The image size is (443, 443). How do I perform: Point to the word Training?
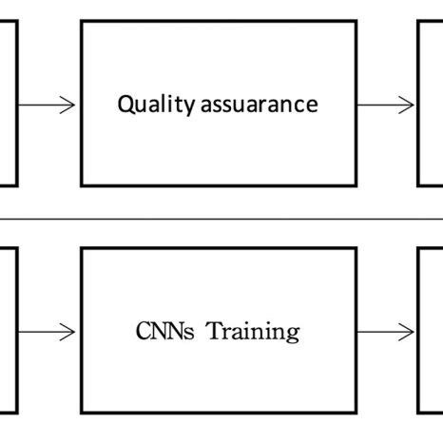click(x=254, y=332)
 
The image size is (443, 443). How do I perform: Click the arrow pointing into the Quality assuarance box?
click(x=48, y=105)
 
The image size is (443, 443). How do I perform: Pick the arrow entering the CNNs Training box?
click(x=48, y=332)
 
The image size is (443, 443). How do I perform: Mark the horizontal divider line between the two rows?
click(x=221, y=219)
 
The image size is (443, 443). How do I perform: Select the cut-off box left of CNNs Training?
click(x=8, y=331)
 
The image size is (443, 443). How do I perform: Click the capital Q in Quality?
click(x=125, y=105)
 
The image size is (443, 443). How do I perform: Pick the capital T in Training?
click(x=214, y=331)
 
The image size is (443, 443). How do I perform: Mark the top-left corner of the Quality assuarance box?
click(x=82, y=22)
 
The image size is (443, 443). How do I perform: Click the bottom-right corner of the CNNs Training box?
click(x=356, y=414)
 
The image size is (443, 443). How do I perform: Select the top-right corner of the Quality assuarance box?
click(x=356, y=22)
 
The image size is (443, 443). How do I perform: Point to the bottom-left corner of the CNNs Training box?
click(x=82, y=414)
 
